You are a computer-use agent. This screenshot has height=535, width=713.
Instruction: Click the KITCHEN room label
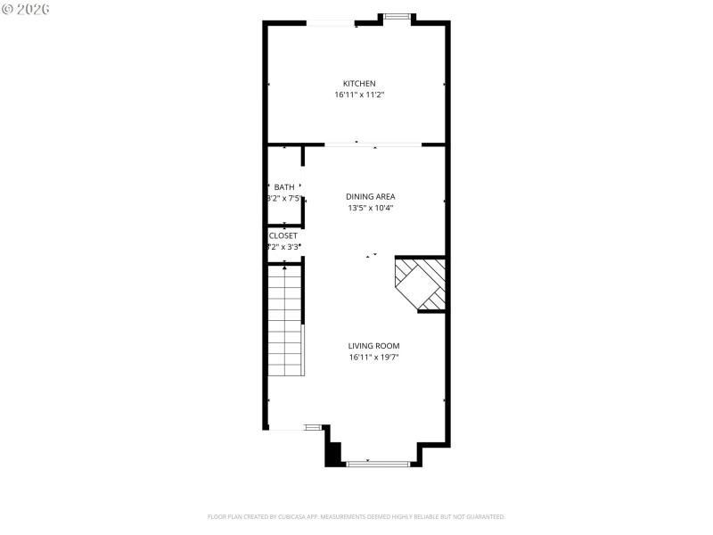359,84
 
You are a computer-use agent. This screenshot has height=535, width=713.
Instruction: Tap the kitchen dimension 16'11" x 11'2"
359,95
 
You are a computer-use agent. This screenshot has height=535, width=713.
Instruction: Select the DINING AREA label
371,197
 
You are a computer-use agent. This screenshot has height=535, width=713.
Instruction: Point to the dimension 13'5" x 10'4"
371,208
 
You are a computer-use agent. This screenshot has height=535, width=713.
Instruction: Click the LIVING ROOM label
373,346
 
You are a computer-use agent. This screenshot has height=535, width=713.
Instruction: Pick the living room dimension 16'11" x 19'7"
373,358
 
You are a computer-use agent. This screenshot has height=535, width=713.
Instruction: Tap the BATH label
284,187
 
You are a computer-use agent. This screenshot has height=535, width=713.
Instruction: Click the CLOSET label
284,235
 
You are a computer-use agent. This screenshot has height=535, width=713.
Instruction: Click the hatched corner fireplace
421,284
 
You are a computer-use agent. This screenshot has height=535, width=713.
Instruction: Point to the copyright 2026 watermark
27,8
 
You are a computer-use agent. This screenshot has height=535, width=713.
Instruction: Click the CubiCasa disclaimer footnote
356,516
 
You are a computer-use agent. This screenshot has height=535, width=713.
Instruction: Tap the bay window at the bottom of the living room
378,464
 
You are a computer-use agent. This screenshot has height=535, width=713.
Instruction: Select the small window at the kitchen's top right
397,16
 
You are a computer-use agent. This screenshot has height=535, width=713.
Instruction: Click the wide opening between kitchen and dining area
372,144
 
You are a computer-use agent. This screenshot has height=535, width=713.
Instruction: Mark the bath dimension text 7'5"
291,198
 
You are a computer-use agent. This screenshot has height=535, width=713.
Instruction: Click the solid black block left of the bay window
333,454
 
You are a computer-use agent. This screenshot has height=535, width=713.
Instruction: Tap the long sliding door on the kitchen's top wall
332,23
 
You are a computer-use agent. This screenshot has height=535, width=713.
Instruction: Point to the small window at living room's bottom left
313,429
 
